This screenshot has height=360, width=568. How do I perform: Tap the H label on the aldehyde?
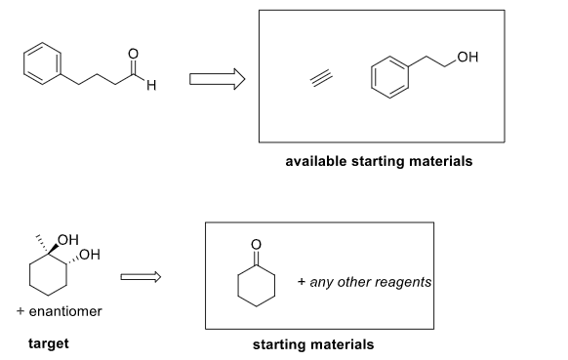pos(151,91)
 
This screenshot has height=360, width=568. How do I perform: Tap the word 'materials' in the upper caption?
pos(440,161)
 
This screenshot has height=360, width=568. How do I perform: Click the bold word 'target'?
pos(49,343)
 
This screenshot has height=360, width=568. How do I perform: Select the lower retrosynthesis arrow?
pos(139,280)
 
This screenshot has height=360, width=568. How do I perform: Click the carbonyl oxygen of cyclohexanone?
pos(256,244)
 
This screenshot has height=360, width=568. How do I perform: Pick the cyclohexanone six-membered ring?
pos(256,285)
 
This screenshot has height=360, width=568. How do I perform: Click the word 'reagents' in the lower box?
pos(402,282)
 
